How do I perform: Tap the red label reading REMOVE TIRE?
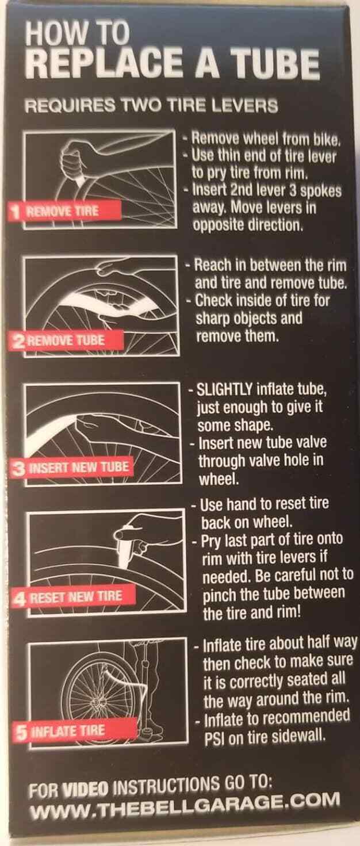point(64,210)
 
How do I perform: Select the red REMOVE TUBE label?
point(67,340)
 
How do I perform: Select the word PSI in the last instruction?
point(215,737)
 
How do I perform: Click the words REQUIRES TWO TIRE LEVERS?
point(151,105)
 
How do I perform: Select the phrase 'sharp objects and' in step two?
point(249,318)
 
